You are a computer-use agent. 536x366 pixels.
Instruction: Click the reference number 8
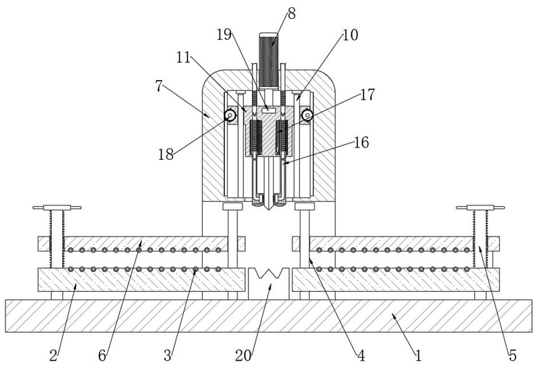click(292, 14)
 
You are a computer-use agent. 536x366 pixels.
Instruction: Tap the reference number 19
click(224, 35)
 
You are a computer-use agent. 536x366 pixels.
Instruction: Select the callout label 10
click(350, 35)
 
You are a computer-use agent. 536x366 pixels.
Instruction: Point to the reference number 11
click(184, 58)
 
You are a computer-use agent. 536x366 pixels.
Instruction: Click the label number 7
click(158, 86)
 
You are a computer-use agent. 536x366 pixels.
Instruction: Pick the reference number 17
click(368, 95)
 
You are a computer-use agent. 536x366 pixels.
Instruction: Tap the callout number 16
click(362, 142)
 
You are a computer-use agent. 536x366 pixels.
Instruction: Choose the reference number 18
click(166, 154)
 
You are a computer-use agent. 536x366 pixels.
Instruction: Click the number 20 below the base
click(243, 356)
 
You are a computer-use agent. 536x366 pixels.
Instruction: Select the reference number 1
click(418, 356)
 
